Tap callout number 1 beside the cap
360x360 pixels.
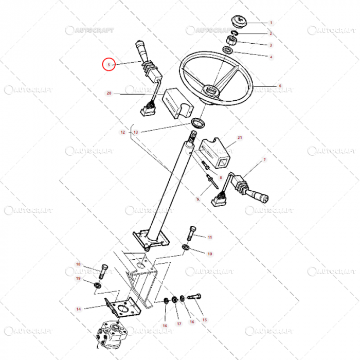click(271, 23)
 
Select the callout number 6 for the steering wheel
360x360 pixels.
click(280, 86)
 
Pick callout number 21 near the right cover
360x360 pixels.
click(240, 138)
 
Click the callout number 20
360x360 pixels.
click(109, 94)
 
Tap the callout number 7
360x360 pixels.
click(264, 160)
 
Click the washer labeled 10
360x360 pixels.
click(185, 250)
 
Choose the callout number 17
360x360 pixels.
click(179, 325)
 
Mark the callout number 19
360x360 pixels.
click(79, 278)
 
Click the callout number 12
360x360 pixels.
click(122, 132)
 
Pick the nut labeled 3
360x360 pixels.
click(227, 41)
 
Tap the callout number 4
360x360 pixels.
click(271, 57)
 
